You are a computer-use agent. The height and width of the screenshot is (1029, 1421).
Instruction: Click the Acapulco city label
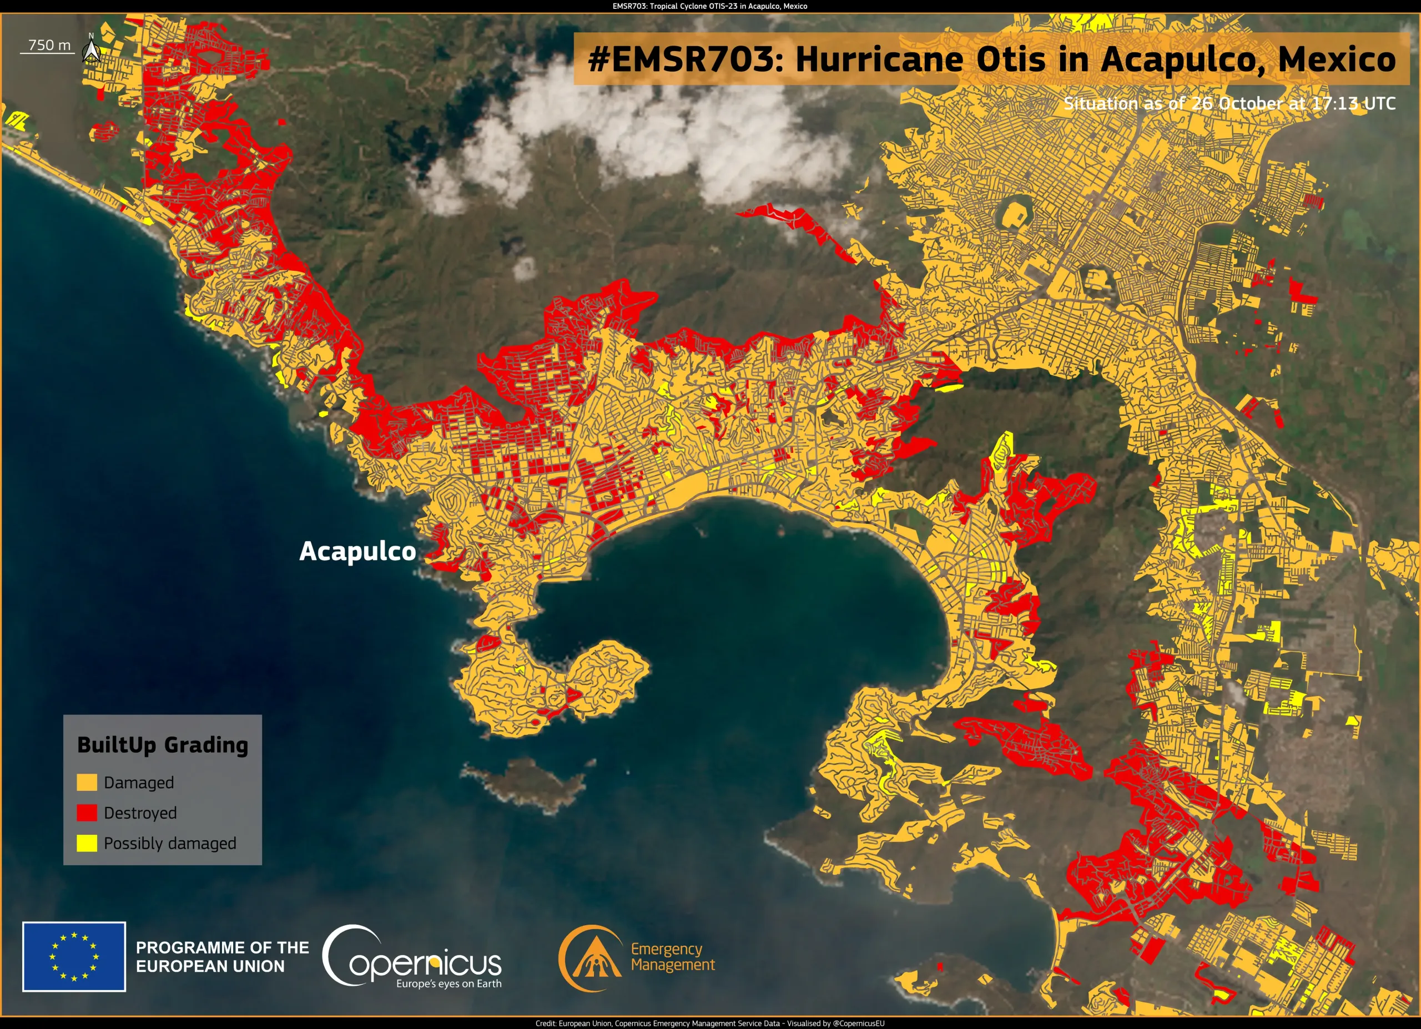[357, 551]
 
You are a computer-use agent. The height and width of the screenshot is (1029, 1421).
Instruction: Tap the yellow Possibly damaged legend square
[87, 843]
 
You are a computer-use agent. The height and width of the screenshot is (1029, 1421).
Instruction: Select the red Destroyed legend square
[87, 813]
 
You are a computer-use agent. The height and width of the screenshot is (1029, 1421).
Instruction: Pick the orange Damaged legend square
[87, 782]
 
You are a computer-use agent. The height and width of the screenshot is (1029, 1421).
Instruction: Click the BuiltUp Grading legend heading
[162, 745]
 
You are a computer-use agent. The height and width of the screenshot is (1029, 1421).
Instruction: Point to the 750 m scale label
[49, 45]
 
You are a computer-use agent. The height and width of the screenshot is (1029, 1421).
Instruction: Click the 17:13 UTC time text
[1353, 103]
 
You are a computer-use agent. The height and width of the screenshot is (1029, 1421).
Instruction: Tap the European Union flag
[74, 956]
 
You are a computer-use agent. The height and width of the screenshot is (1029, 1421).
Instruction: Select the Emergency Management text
[672, 957]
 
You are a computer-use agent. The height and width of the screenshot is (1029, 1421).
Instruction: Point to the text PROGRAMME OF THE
[223, 947]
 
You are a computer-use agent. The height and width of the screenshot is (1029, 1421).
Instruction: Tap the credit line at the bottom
[710, 1023]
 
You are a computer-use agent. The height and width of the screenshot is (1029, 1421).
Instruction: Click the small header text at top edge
[710, 6]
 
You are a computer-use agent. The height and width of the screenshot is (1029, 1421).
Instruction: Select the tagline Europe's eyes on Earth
[449, 984]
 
